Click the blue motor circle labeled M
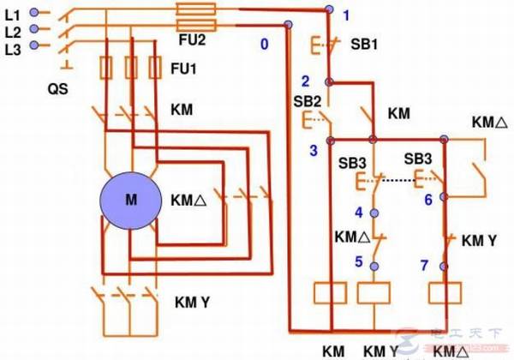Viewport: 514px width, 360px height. (x=131, y=200)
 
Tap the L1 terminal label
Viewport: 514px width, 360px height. (x=12, y=14)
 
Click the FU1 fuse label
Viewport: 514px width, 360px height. (x=184, y=67)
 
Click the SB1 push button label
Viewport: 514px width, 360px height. (x=364, y=42)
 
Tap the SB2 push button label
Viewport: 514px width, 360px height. (x=307, y=100)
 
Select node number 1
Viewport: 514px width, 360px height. (x=346, y=15)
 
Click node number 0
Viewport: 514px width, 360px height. (x=264, y=43)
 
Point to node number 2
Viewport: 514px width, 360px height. (x=305, y=81)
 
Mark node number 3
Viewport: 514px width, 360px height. (x=314, y=150)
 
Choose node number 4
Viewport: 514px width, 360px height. (x=359, y=212)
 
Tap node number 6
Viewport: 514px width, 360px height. (x=427, y=199)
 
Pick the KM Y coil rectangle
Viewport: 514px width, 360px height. (x=374, y=292)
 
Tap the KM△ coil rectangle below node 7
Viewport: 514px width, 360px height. (x=445, y=292)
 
